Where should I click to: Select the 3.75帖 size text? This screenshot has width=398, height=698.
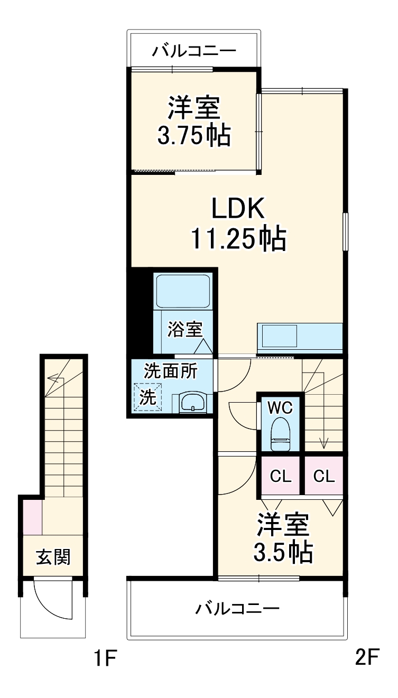[193, 136]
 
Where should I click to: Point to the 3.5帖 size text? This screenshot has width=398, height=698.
[282, 553]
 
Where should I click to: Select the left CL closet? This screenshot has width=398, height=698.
[281, 476]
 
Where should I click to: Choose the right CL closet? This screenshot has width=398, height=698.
[324, 476]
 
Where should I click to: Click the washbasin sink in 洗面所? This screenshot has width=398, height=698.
[192, 403]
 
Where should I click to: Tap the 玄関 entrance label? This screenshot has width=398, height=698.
[53, 556]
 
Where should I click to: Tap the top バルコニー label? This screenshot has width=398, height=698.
[194, 51]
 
